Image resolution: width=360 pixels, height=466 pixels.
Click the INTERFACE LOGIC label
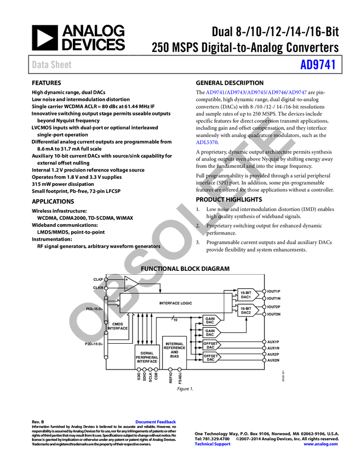click(175, 303)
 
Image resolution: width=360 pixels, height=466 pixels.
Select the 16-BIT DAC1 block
click(245, 295)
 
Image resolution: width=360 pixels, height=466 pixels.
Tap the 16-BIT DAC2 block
click(245, 311)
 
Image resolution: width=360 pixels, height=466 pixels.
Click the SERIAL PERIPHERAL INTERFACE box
click(146, 357)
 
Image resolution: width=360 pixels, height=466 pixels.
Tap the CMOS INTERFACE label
click(117, 326)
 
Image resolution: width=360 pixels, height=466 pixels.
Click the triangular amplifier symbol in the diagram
click(129, 283)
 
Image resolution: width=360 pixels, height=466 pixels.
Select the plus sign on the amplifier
click(127, 280)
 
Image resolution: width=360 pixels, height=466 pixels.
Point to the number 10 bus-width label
click(175, 320)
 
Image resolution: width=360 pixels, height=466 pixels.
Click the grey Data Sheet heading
click(52, 65)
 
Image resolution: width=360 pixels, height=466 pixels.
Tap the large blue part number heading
click(317, 65)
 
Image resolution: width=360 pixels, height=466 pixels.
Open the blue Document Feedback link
click(156, 422)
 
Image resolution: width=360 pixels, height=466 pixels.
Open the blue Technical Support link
click(213, 444)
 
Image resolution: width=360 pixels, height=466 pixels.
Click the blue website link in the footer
click(321, 444)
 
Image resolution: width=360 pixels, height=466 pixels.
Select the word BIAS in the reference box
click(174, 356)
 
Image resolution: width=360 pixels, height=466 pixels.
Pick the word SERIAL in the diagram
click(146, 353)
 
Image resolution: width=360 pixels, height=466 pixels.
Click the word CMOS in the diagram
click(117, 323)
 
